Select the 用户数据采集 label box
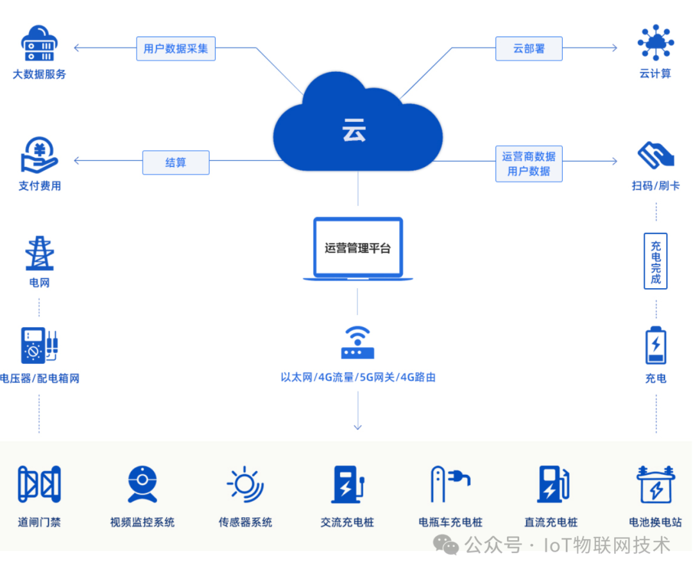(x=176, y=49)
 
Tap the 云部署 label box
(x=529, y=49)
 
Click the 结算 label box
(x=176, y=162)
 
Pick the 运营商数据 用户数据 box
(x=529, y=164)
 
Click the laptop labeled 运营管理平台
(x=357, y=249)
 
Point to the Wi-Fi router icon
(x=357, y=343)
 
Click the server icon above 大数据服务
(x=40, y=44)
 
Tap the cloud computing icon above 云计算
(x=655, y=43)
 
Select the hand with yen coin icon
(x=40, y=156)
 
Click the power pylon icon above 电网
(x=39, y=253)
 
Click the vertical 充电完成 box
(x=655, y=261)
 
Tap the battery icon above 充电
(x=655, y=346)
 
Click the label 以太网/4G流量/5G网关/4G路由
(x=357, y=377)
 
